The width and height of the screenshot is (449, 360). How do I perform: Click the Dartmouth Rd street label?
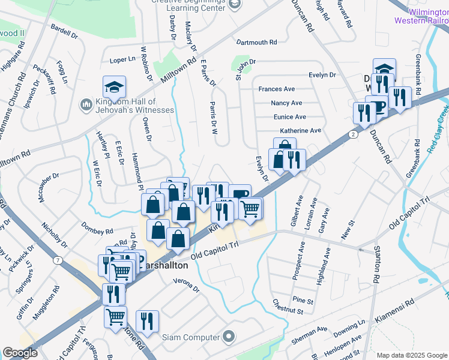click(x=256, y=43)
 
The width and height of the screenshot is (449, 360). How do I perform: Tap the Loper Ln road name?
click(x=122, y=60)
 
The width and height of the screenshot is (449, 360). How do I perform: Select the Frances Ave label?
click(x=277, y=89)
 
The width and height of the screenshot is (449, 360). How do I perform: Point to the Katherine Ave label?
click(x=300, y=130)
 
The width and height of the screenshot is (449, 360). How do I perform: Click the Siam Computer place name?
click(x=191, y=337)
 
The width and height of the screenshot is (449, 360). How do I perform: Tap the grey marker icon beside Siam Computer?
click(x=228, y=337)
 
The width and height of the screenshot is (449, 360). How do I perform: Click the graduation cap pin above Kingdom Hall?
click(x=114, y=88)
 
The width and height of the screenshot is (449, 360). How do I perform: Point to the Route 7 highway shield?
click(x=58, y=260)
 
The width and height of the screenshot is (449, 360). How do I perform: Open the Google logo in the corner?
click(x=20, y=352)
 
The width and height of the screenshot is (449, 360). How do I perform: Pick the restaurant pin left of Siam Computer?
click(x=147, y=322)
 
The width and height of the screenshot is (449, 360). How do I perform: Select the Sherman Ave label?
click(x=309, y=334)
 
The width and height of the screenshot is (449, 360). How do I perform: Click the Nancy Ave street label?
click(x=286, y=103)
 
